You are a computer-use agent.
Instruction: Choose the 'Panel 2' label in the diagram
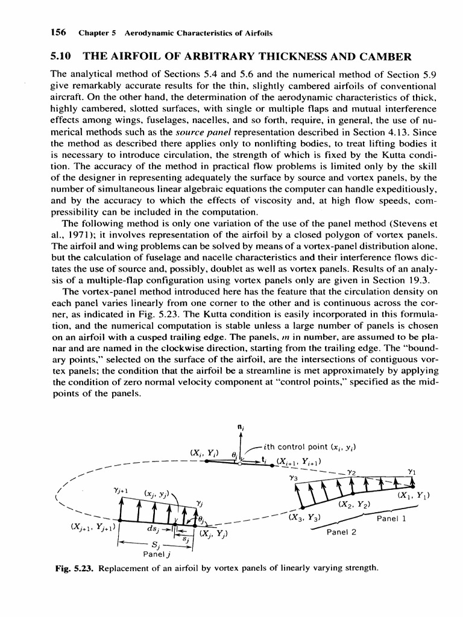pyautogui.click(x=341, y=532)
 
